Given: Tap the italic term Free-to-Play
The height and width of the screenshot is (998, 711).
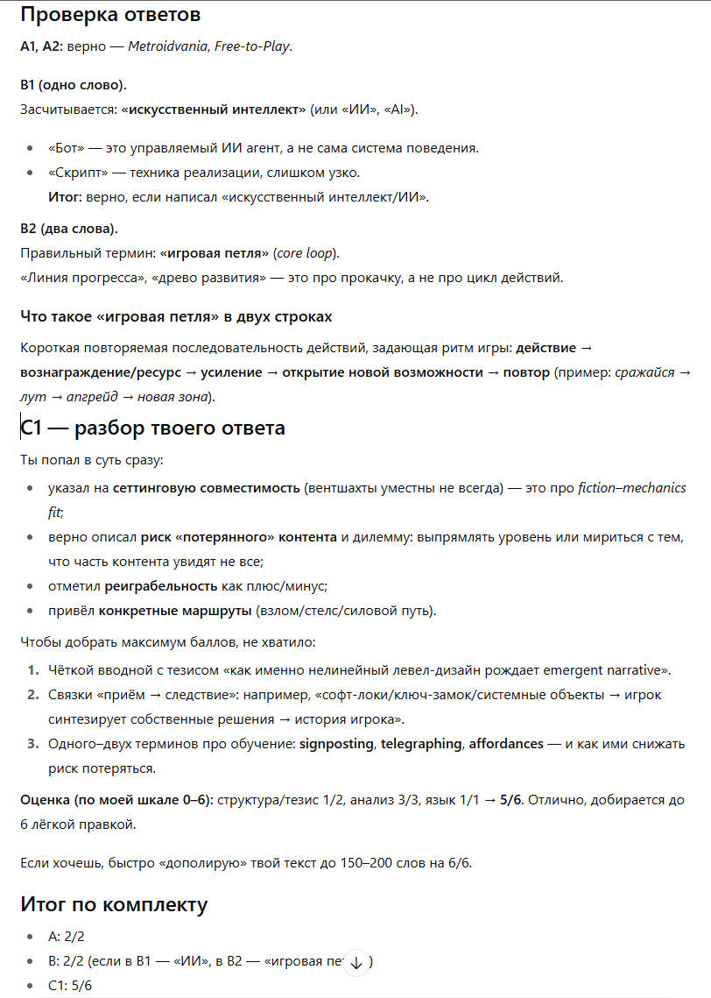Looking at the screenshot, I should pos(252,46).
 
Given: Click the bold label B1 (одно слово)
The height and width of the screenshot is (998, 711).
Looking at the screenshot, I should pos(73,85).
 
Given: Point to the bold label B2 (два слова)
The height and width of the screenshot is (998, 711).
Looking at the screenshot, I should pos(68,229).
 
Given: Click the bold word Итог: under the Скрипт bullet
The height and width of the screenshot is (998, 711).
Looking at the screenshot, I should pos(66,197).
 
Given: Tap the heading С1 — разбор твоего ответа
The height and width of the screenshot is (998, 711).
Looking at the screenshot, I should pos(152,428).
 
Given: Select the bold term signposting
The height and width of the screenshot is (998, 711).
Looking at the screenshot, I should pos(336,744).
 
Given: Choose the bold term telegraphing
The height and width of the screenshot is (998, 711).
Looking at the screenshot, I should pos(420,744).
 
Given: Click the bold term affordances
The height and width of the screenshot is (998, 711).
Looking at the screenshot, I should pos(505,744).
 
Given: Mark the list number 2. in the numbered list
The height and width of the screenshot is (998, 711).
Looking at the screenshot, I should pos(32,695).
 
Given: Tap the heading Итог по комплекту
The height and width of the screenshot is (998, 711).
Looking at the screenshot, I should pos(114,903).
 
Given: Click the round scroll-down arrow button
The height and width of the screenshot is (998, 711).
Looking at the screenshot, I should pos(355,962).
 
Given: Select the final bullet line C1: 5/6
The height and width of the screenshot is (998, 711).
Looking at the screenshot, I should pos(70,986).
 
